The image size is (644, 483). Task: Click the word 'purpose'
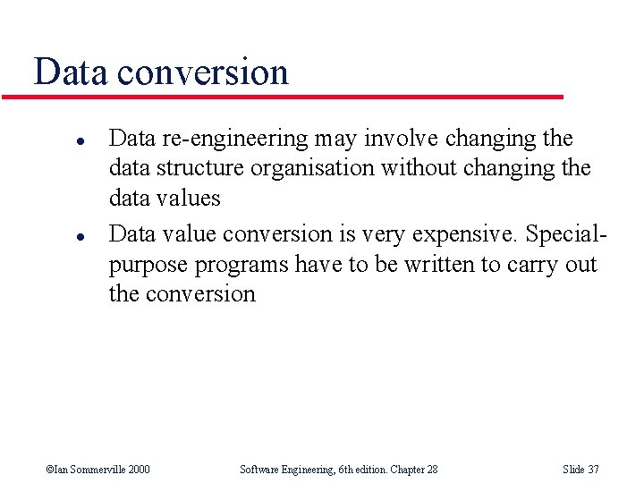[x=148, y=266]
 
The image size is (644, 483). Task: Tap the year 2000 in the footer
[x=138, y=469]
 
